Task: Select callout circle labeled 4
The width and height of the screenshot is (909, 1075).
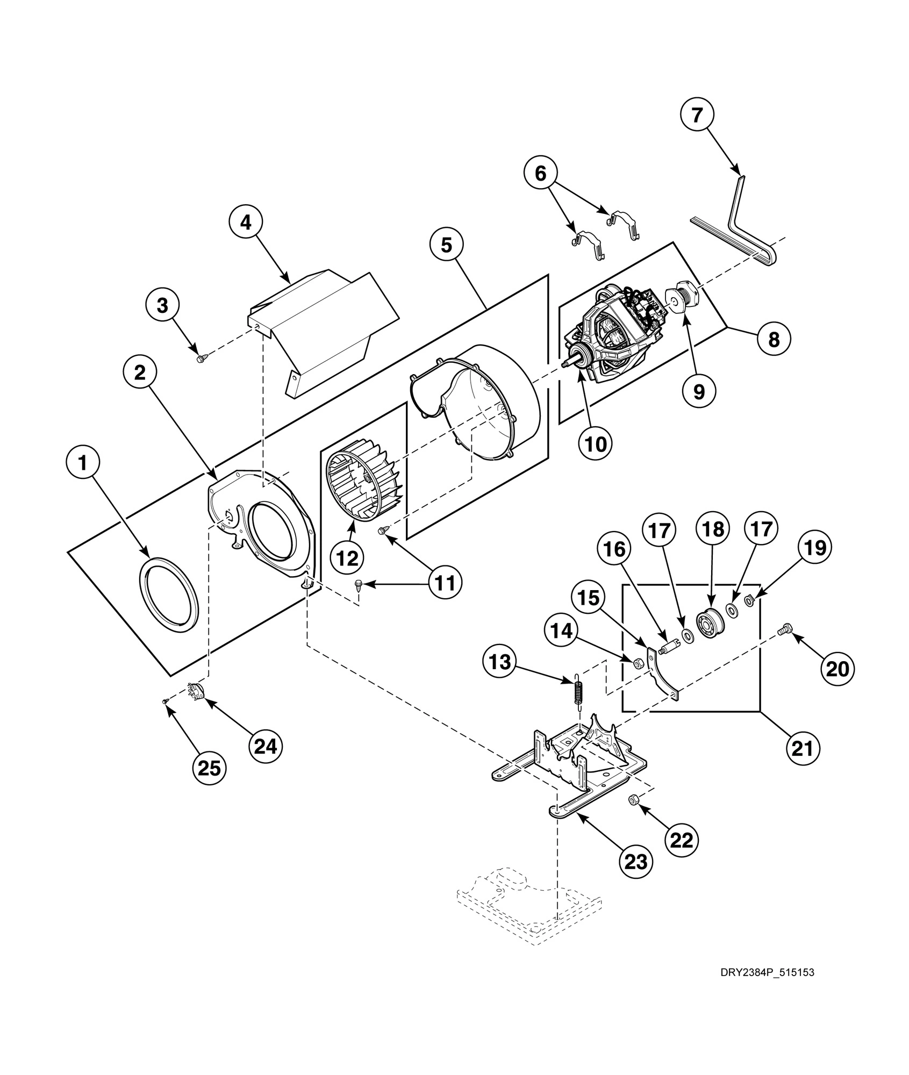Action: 246,223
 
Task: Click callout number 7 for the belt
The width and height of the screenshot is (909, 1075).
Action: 697,114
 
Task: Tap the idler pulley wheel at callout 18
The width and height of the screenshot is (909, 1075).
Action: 711,623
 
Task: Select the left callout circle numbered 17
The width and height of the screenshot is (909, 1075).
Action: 660,531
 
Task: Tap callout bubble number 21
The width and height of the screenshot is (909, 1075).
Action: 803,748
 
